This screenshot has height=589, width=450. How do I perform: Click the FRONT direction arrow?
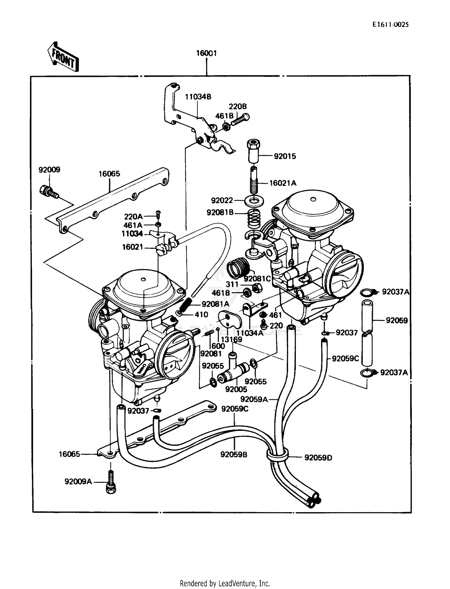click(x=63, y=57)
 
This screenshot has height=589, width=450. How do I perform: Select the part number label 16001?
click(x=206, y=53)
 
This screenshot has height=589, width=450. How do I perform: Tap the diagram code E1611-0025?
click(x=390, y=25)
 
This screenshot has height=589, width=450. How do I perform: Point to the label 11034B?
click(x=198, y=97)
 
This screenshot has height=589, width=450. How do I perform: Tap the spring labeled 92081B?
click(x=254, y=219)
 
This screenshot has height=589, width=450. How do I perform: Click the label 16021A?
click(x=283, y=183)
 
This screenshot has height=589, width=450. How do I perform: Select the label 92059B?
click(x=234, y=455)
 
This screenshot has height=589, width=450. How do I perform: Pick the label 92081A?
click(x=215, y=304)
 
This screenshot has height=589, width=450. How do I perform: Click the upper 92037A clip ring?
click(x=368, y=292)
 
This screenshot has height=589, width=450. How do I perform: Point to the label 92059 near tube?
click(x=397, y=320)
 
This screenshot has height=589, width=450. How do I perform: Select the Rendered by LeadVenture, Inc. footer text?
click(x=225, y=583)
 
